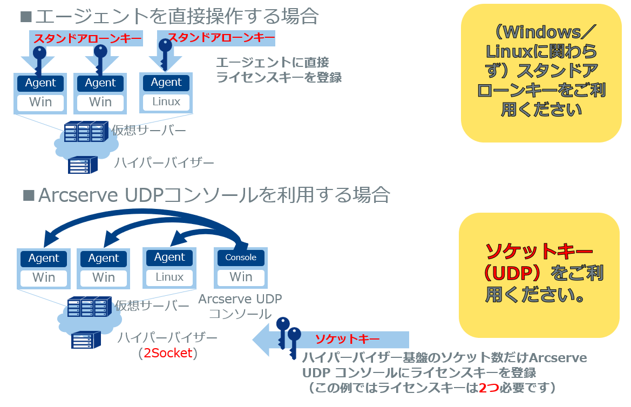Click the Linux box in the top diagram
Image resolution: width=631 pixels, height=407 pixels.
[166, 101]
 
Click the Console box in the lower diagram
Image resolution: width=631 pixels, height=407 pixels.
[241, 257]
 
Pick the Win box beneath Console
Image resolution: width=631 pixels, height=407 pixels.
[241, 277]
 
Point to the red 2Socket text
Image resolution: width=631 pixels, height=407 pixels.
[168, 354]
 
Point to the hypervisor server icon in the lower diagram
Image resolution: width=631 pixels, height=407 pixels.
[85, 340]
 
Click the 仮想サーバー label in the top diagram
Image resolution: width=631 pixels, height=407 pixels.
[148, 130]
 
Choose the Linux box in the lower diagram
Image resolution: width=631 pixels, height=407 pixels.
[169, 277]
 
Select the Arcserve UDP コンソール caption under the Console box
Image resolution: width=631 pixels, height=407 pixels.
[240, 306]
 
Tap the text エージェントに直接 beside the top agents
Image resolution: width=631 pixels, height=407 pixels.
[272, 62]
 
